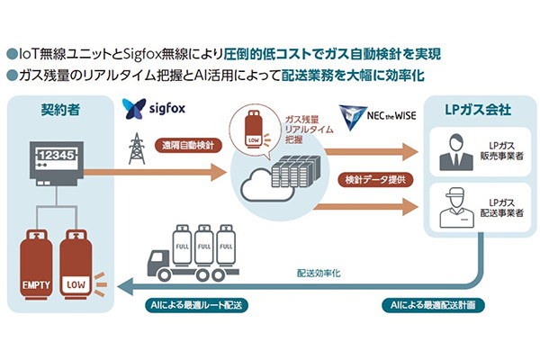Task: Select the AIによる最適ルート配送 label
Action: (x=195, y=305)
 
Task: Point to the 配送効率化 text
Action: (x=319, y=269)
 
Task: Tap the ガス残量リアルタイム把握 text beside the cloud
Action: (x=301, y=127)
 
